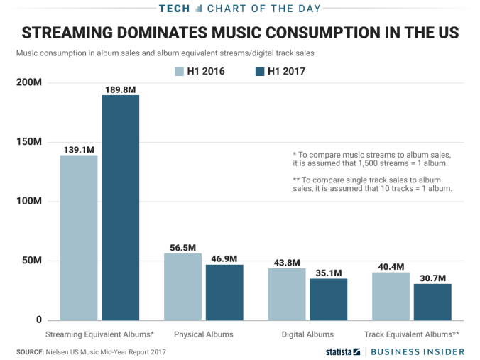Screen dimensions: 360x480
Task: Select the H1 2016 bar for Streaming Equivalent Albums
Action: click(x=79, y=237)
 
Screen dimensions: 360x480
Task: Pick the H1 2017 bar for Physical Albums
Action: click(x=224, y=292)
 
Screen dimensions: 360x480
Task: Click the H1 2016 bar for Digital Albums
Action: click(x=287, y=294)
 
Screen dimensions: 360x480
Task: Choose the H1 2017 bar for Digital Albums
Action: click(x=328, y=299)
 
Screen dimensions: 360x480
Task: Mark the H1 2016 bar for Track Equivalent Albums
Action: click(x=391, y=296)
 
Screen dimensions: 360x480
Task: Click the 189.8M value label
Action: click(x=120, y=89)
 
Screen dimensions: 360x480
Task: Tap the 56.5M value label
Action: click(x=182, y=248)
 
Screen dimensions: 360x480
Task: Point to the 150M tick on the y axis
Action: click(x=28, y=142)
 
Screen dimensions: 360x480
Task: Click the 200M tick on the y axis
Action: click(x=28, y=82)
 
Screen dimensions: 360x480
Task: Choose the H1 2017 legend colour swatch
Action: click(x=258, y=71)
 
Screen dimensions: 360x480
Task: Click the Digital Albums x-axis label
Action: click(x=307, y=334)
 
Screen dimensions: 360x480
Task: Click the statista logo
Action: click(x=343, y=351)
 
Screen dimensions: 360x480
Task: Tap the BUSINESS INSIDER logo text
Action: click(x=421, y=351)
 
